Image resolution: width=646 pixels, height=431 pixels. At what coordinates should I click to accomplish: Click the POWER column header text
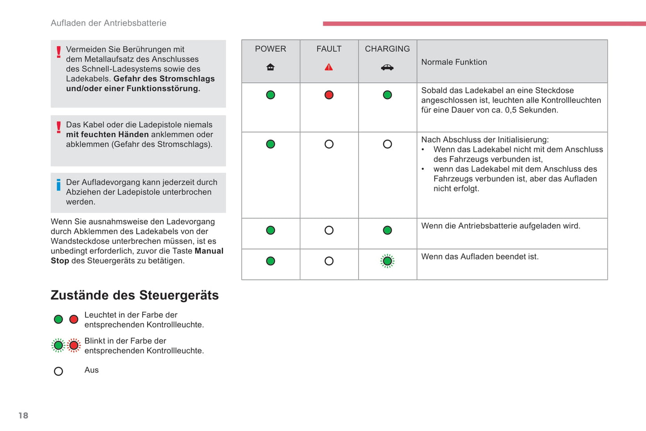(x=270, y=49)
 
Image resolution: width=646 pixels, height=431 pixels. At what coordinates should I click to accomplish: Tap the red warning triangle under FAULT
(x=329, y=67)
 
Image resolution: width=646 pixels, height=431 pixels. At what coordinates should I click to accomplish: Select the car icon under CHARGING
(x=387, y=68)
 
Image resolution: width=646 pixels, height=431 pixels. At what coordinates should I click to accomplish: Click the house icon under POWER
(x=270, y=67)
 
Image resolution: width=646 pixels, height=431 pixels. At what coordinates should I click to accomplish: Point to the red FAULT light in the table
(x=329, y=95)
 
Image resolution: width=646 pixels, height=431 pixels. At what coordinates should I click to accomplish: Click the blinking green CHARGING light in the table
(x=388, y=261)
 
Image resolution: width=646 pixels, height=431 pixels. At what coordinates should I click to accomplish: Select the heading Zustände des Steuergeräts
(x=135, y=295)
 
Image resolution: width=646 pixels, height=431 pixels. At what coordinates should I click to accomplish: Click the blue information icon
(x=59, y=185)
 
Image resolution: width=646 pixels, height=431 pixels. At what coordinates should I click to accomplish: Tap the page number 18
(x=23, y=416)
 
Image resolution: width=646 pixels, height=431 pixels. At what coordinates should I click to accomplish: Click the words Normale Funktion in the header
(x=454, y=62)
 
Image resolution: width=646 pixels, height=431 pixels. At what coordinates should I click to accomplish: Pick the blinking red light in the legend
(x=74, y=345)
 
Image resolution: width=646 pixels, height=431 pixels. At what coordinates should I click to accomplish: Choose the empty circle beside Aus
(x=59, y=371)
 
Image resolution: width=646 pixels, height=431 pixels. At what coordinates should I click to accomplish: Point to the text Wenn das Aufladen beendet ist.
(x=480, y=257)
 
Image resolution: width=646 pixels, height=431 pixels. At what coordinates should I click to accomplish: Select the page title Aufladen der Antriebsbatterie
(x=109, y=23)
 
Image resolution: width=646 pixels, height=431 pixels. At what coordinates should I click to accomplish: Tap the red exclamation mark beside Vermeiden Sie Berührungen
(x=59, y=52)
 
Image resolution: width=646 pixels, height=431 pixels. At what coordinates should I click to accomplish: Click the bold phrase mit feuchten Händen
(x=107, y=135)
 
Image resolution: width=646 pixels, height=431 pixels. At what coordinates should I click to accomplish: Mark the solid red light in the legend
(x=74, y=319)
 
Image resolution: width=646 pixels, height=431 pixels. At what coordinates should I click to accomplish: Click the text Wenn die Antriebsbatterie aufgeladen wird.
(x=501, y=226)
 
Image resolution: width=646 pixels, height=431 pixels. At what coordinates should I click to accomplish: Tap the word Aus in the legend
(x=92, y=370)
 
